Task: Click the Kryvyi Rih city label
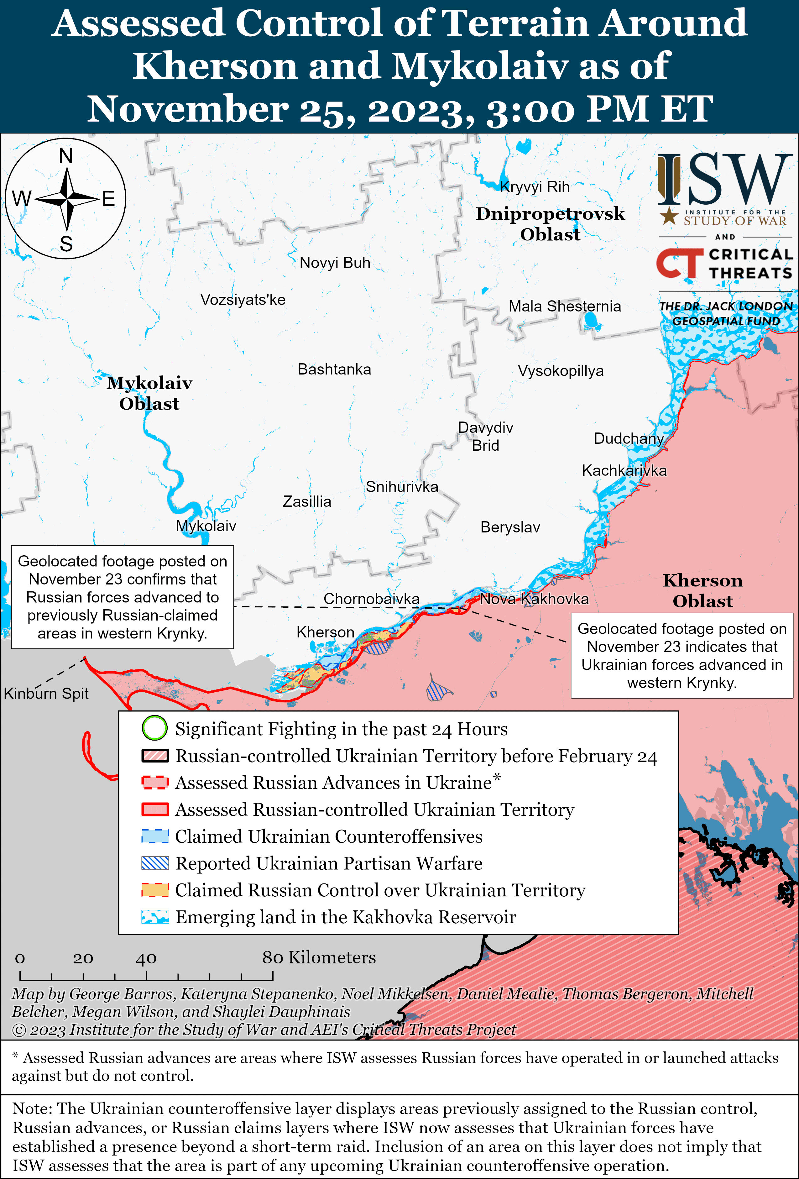click(x=535, y=187)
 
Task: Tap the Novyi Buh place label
click(x=335, y=263)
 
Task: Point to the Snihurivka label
click(x=402, y=487)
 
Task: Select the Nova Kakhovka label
click(x=534, y=599)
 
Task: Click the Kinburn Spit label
click(x=46, y=694)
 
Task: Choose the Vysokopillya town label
click(x=561, y=371)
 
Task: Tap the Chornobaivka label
click(x=371, y=599)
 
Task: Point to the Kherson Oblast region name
click(x=702, y=590)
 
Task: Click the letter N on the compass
click(x=66, y=156)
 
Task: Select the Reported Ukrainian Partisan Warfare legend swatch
click(x=155, y=863)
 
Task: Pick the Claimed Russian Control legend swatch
click(x=155, y=890)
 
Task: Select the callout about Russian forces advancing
click(x=122, y=597)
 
